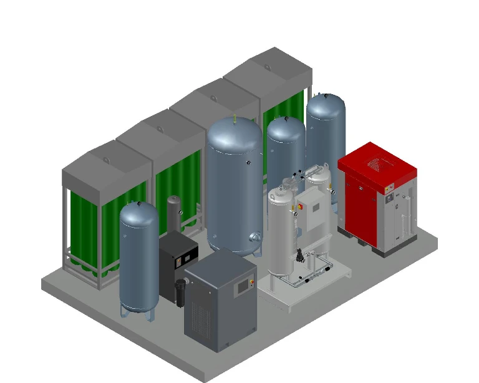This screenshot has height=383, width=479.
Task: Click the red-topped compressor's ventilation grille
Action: tap(377, 163)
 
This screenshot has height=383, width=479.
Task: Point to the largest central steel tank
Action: tap(235, 184)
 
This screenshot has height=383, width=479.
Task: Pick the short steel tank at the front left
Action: tap(139, 256)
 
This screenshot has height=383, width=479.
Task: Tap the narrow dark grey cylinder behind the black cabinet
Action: tap(173, 215)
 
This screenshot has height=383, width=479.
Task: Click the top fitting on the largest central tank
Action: tap(234, 117)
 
